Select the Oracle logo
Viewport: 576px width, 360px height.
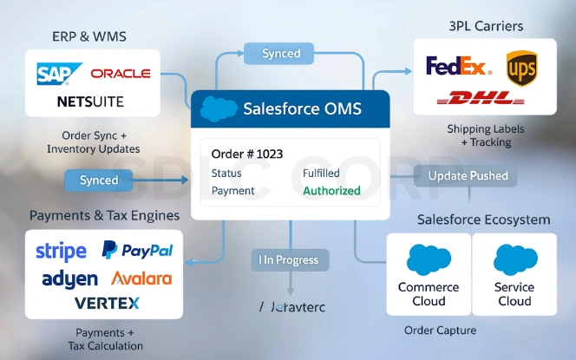pyautogui.click(x=120, y=74)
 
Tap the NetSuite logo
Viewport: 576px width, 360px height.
pyautogui.click(x=90, y=101)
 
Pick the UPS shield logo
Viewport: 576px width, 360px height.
pyautogui.click(x=521, y=68)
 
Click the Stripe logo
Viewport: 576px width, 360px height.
pyautogui.click(x=61, y=252)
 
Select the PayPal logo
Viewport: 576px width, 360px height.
pyautogui.click(x=137, y=251)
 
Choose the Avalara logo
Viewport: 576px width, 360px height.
pyautogui.click(x=142, y=279)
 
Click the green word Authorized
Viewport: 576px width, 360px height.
pyautogui.click(x=331, y=191)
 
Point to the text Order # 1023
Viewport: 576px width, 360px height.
pyautogui.click(x=247, y=154)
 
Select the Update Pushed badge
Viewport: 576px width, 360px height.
pyautogui.click(x=468, y=176)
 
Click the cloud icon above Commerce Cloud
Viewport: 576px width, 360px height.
pyautogui.click(x=429, y=260)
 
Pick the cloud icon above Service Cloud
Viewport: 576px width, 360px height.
pyautogui.click(x=514, y=260)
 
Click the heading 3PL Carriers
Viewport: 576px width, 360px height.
pyautogui.click(x=485, y=26)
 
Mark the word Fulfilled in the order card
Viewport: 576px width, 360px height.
pyautogui.click(x=321, y=173)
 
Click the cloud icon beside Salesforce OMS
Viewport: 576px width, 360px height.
pyautogui.click(x=219, y=109)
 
